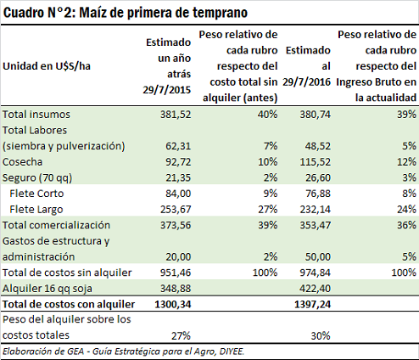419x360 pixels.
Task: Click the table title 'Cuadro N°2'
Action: click(x=39, y=13)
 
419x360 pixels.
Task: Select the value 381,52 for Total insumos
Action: click(x=176, y=115)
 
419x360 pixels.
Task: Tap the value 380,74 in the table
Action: click(x=315, y=115)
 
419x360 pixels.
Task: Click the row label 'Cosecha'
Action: click(x=23, y=162)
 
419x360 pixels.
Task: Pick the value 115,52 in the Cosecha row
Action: click(x=315, y=162)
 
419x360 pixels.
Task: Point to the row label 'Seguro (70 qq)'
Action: click(x=37, y=177)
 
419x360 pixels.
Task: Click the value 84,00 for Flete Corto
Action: click(x=178, y=194)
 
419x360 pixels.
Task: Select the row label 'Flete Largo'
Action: click(x=36, y=210)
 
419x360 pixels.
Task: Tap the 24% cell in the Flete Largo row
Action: click(x=406, y=210)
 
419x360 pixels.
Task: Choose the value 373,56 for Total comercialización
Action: click(x=176, y=225)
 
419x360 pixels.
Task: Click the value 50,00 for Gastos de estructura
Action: click(x=318, y=257)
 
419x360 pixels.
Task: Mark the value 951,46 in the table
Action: click(x=176, y=273)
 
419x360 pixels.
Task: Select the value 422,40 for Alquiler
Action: click(x=315, y=289)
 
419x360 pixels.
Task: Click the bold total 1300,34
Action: click(x=173, y=305)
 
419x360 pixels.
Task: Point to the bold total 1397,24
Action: click(x=312, y=305)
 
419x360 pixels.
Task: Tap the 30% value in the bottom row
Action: click(x=321, y=336)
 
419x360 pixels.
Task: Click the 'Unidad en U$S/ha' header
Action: click(x=47, y=66)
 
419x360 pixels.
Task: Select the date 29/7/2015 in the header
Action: click(x=167, y=90)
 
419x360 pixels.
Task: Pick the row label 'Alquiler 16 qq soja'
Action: click(x=47, y=289)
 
